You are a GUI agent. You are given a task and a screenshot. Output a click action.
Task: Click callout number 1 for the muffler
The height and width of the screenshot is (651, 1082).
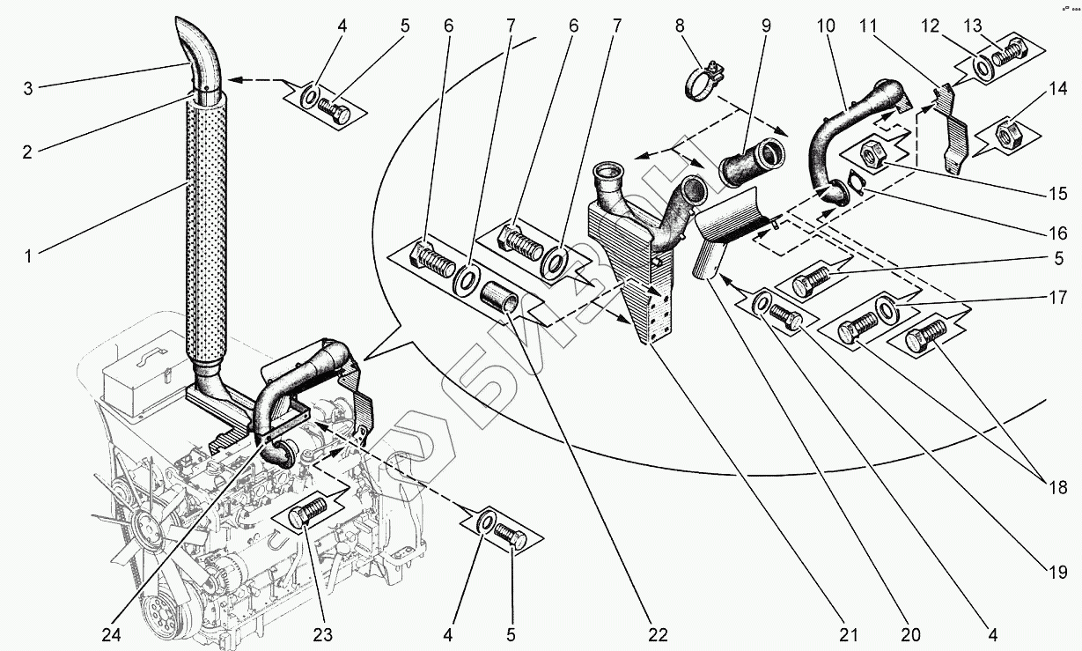[28, 257]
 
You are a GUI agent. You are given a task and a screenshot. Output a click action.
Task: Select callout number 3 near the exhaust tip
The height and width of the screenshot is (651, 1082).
[28, 87]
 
